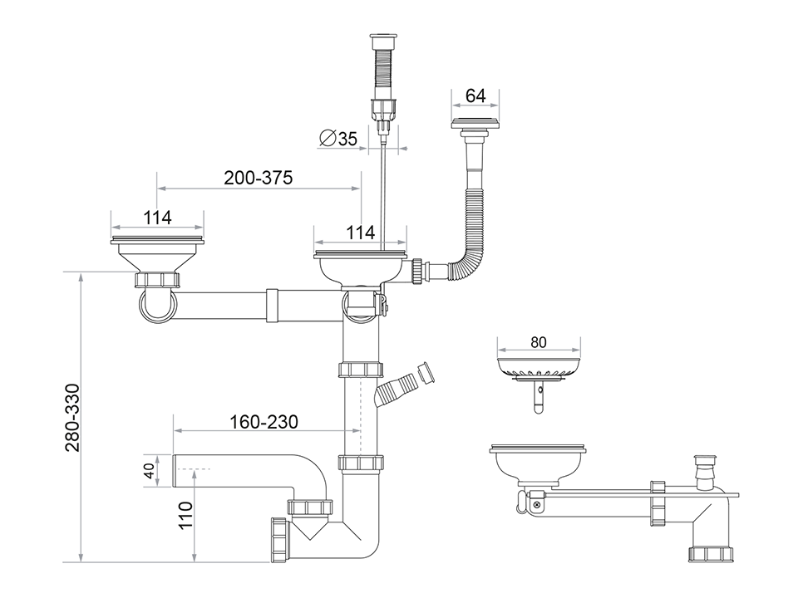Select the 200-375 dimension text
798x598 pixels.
258,178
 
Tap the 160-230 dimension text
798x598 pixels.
264,422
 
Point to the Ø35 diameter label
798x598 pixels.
338,139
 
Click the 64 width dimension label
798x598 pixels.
475,96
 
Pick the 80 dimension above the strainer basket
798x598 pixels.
538,341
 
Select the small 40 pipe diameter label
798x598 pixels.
150,471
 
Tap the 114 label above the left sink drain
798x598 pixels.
156,218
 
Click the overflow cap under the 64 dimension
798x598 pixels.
476,125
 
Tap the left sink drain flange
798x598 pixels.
157,243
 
